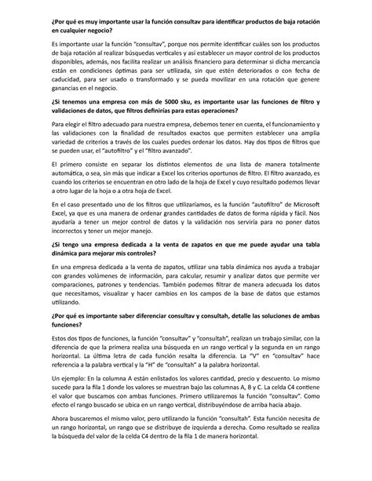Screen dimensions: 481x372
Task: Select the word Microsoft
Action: tap(305, 203)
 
